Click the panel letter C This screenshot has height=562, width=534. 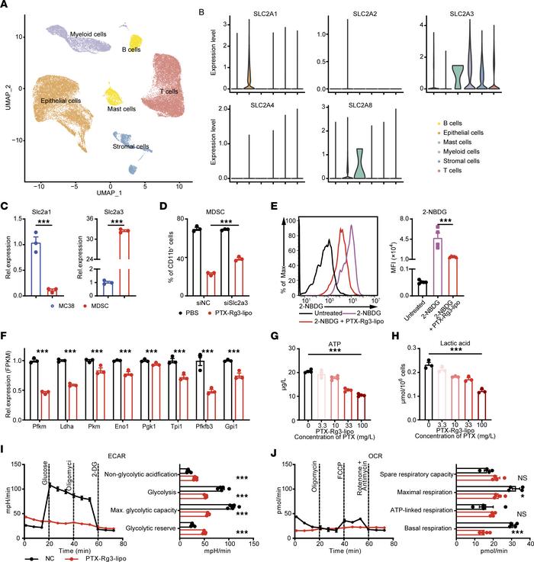(6, 204)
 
